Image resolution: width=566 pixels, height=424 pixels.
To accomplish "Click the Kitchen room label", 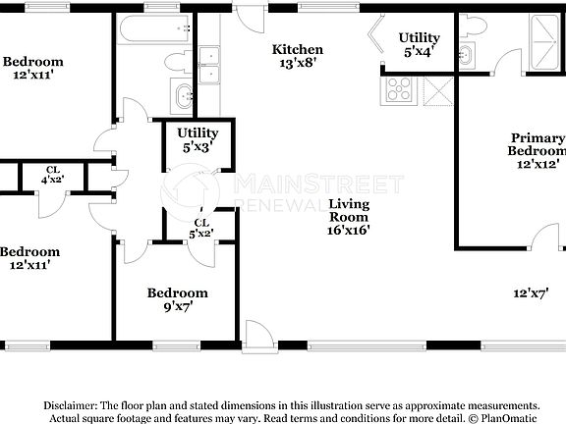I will [298, 50].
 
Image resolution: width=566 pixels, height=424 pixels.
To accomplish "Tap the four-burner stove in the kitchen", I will [398, 89].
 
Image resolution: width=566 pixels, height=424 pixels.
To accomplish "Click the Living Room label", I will [348, 210].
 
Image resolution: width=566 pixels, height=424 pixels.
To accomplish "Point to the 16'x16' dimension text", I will [348, 231].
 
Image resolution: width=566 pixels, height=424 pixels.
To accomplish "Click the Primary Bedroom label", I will [537, 144].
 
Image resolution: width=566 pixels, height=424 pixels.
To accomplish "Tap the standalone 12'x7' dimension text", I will [534, 291].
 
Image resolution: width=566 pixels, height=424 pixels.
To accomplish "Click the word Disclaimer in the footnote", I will [69, 404].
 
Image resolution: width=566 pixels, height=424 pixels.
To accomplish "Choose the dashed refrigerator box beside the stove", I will [438, 89].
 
